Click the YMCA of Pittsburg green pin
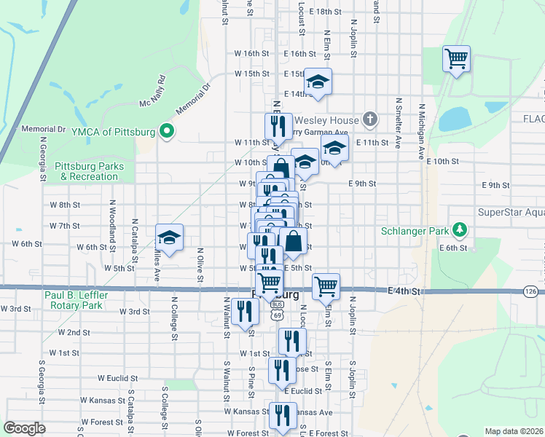point(167,132)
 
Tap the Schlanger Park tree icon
point(459,231)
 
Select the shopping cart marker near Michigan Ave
point(456,58)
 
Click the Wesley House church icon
point(370,119)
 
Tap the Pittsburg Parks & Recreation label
point(89,171)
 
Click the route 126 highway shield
point(531,291)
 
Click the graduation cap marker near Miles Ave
point(169,237)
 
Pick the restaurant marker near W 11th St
point(278,126)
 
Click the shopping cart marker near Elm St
point(326,286)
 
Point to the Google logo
point(24,428)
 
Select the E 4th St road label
point(405,291)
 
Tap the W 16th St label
point(251,53)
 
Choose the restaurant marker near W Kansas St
point(282,415)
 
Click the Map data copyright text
point(515,431)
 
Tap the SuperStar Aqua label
point(511,212)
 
